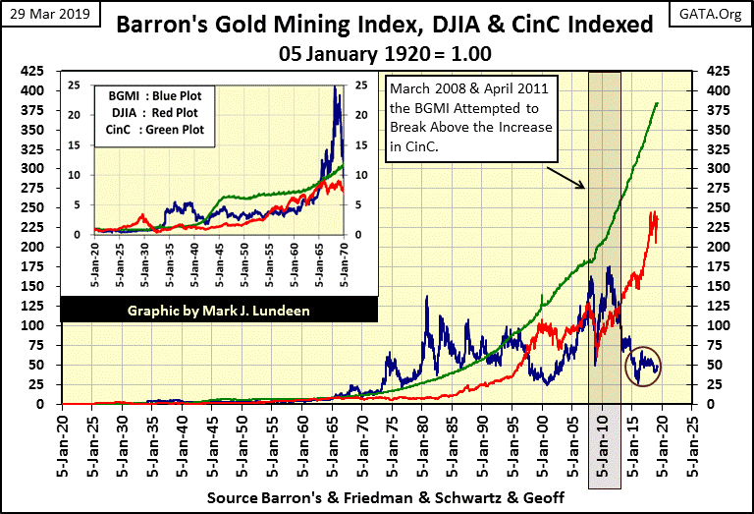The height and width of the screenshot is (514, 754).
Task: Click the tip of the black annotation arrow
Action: point(587,189)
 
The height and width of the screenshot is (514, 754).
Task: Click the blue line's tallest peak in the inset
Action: point(337,87)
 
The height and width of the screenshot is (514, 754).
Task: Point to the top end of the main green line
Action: point(657,103)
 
